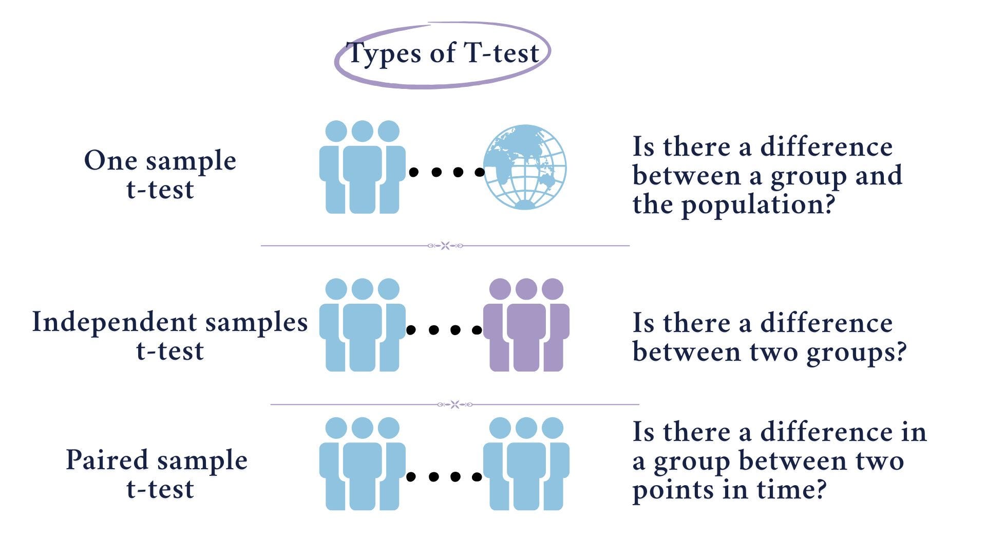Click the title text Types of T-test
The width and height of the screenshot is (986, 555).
[443, 53]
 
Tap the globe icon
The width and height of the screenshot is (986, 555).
[524, 167]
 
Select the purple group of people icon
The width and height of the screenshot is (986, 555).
[526, 325]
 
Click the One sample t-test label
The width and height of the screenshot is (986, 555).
[160, 174]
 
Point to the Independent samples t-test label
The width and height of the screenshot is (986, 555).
[170, 336]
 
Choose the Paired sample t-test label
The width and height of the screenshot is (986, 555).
[157, 474]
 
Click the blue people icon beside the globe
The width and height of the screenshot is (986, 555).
[362, 167]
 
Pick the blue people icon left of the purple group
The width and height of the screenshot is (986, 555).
[362, 325]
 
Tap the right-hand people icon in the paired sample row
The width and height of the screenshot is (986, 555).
[526, 464]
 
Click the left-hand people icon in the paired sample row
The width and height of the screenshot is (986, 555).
[362, 464]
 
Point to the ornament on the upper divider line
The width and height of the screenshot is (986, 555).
[445, 246]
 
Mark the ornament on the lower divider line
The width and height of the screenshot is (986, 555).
[454, 404]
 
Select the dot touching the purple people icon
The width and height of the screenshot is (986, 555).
[477, 330]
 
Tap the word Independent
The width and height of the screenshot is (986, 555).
[115, 322]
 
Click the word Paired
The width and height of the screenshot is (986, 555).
[107, 460]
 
